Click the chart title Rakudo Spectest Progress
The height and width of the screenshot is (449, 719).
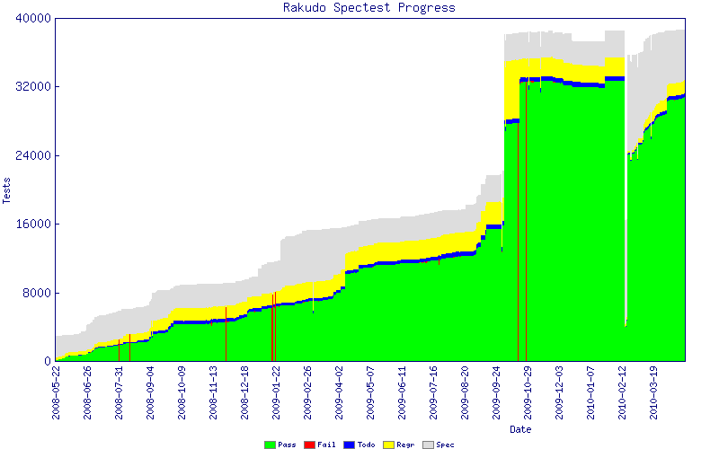click(369, 8)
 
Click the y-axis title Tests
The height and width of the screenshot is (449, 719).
click(8, 189)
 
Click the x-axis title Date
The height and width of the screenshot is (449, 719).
click(520, 429)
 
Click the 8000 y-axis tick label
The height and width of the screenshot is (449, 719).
click(36, 293)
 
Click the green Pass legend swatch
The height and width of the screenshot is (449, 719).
click(270, 445)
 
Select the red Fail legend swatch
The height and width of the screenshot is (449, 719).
click(309, 445)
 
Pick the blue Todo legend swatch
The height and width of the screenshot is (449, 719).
click(349, 445)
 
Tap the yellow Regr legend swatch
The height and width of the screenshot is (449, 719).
click(388, 445)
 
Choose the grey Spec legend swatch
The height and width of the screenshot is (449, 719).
click(428, 445)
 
